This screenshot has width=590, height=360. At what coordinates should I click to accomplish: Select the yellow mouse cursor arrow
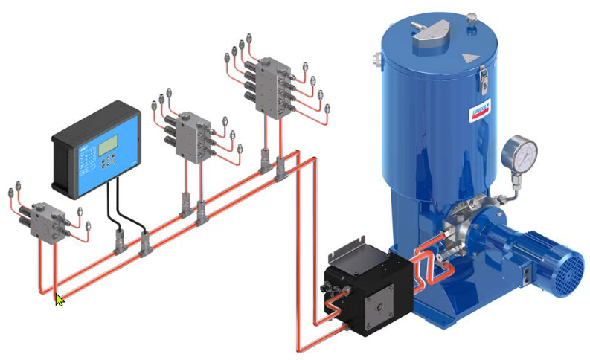[x=60, y=299]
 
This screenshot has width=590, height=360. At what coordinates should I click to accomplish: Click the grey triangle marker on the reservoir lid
[x=470, y=57]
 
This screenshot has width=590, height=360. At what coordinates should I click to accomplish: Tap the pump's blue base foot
[x=446, y=309]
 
